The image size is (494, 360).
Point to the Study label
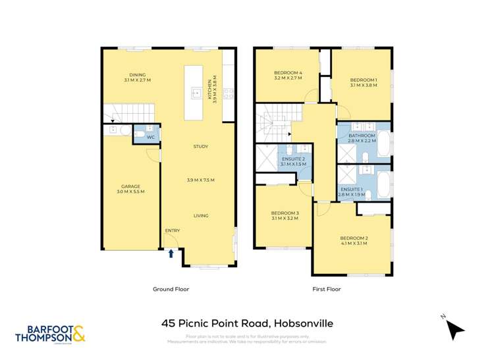pos(200,146)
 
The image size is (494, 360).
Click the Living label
pos(200,215)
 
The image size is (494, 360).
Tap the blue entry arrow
pos(171,253)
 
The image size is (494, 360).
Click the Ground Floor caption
pos(171,289)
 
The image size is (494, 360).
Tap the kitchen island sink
pos(196,93)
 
